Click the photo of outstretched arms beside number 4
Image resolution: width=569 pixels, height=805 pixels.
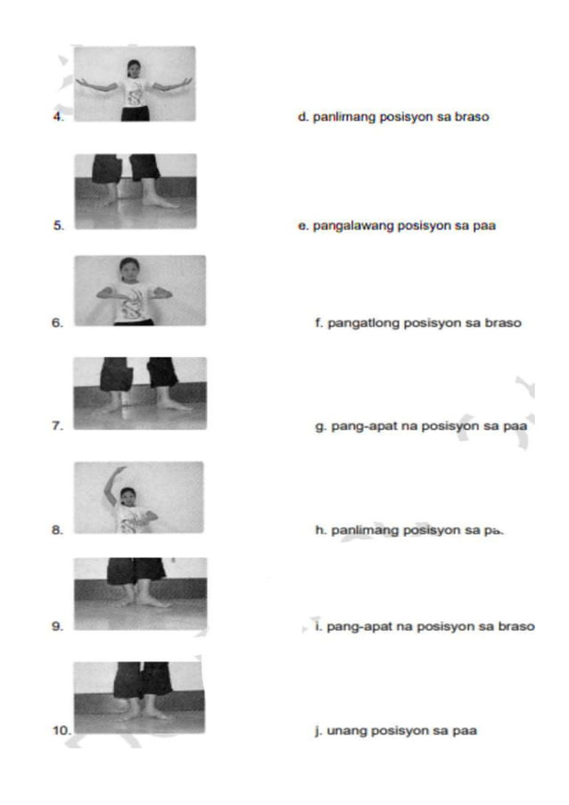click(x=135, y=84)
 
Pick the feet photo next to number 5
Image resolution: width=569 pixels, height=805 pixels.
click(x=136, y=191)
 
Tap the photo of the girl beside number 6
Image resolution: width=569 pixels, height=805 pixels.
click(x=140, y=291)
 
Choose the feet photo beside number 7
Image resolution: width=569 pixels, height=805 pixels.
click(x=140, y=393)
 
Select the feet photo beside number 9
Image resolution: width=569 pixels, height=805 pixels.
click(x=140, y=593)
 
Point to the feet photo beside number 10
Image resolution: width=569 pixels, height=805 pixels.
click(x=138, y=697)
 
